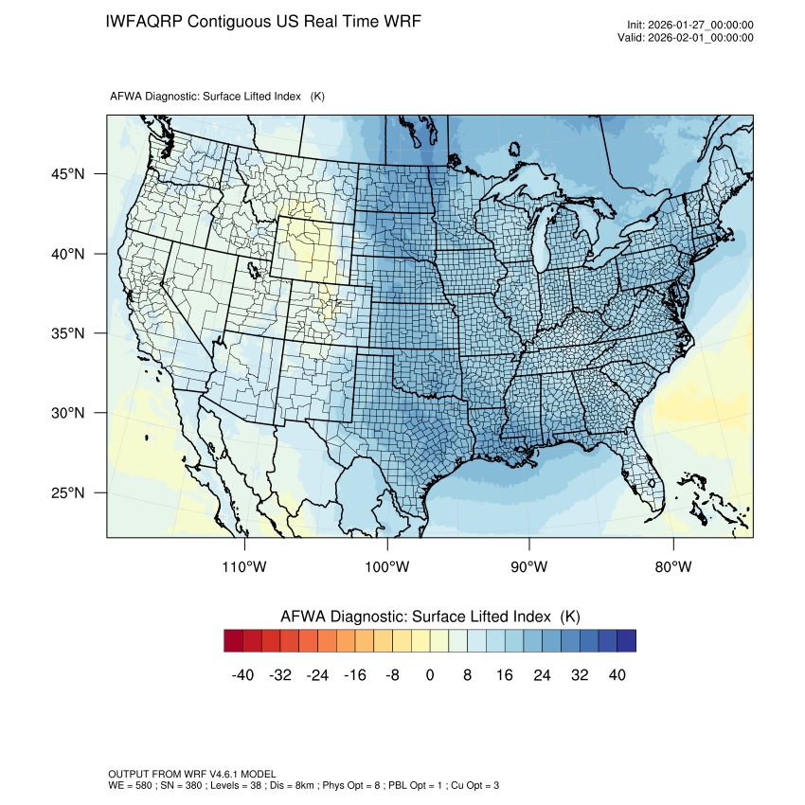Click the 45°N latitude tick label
point(66,174)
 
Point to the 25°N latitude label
point(66,493)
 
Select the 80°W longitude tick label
point(672,567)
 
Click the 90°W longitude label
point(529,567)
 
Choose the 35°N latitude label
point(66,333)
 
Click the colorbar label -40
point(243,675)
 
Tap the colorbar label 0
point(430,675)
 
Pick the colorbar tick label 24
point(542,675)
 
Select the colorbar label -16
point(355,675)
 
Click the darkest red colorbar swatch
point(234,641)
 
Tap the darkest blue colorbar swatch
point(626,641)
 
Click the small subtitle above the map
point(218,97)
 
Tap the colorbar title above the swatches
point(430,617)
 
